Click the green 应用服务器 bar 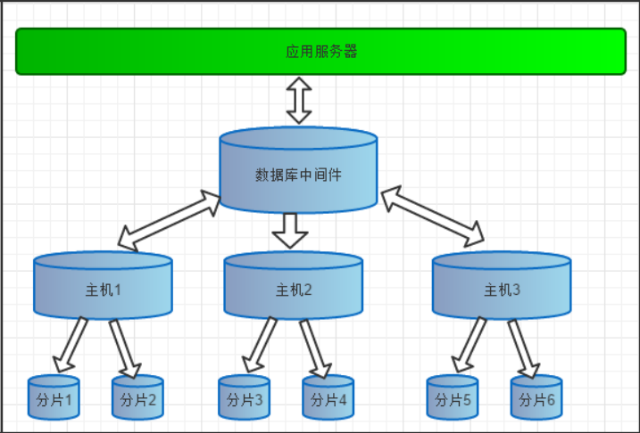coord(321,52)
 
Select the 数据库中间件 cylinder coord(298,172)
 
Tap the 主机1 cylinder coord(103,287)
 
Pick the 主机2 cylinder coord(293,287)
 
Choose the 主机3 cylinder coord(501,287)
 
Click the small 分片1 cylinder coord(54,398)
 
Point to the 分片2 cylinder coord(137,398)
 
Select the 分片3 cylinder coord(245,398)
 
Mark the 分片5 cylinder coord(453,398)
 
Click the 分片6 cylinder coord(536,398)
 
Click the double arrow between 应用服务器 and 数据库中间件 coord(299,100)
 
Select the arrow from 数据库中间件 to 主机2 coord(290,230)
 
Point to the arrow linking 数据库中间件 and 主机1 coord(170,219)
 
